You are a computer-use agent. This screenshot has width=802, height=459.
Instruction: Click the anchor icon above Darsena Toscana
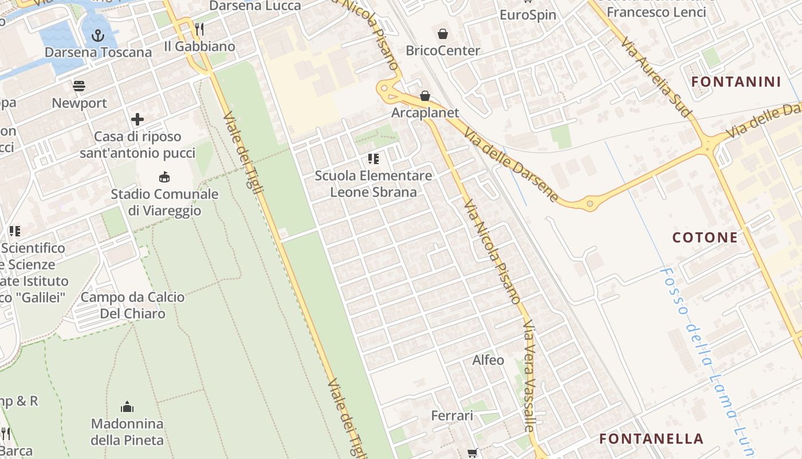coord(98,36)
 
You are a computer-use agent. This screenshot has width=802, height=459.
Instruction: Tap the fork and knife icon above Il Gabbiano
coord(199,29)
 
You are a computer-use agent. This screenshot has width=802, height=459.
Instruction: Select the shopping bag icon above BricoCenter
coord(442,34)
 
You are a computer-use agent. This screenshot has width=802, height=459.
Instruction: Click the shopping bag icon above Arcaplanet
coord(425,95)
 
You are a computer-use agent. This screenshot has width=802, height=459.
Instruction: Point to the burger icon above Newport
coord(79,87)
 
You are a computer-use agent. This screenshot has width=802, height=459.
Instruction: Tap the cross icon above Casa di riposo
coord(137,119)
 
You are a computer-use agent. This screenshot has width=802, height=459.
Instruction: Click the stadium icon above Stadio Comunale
coord(164,177)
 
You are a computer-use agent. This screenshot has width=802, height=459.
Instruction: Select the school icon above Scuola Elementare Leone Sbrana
coord(374,158)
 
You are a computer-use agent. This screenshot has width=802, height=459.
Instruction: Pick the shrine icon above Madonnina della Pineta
coord(127,407)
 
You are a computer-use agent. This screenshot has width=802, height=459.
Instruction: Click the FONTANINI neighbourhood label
coord(736,81)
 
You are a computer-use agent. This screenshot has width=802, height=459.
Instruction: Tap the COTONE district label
coord(705,238)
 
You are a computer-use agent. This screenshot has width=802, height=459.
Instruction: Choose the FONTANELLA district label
coord(651,439)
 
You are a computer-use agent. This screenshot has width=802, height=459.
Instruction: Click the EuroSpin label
coord(528,15)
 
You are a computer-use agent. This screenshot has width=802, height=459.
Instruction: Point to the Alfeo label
coord(488,360)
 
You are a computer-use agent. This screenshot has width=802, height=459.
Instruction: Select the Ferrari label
coord(452,415)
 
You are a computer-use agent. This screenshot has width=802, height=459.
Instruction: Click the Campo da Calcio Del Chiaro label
coord(133,305)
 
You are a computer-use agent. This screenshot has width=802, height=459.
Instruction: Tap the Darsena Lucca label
coord(255,6)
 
